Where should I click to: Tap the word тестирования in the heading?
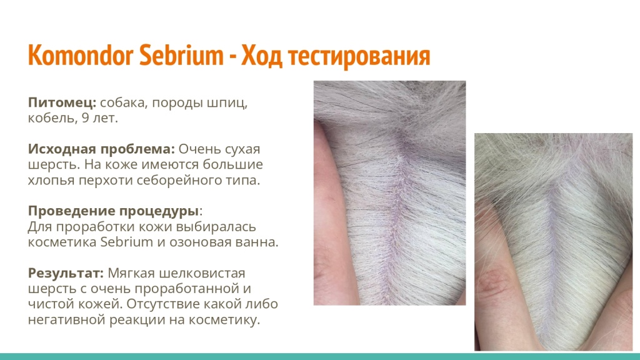coord(356,56)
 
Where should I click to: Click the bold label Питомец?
coord(62,102)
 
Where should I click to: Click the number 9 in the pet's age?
coord(84,118)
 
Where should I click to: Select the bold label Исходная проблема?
coord(101,149)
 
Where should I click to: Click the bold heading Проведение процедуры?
coord(113,211)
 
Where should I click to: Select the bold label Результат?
coord(66,273)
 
